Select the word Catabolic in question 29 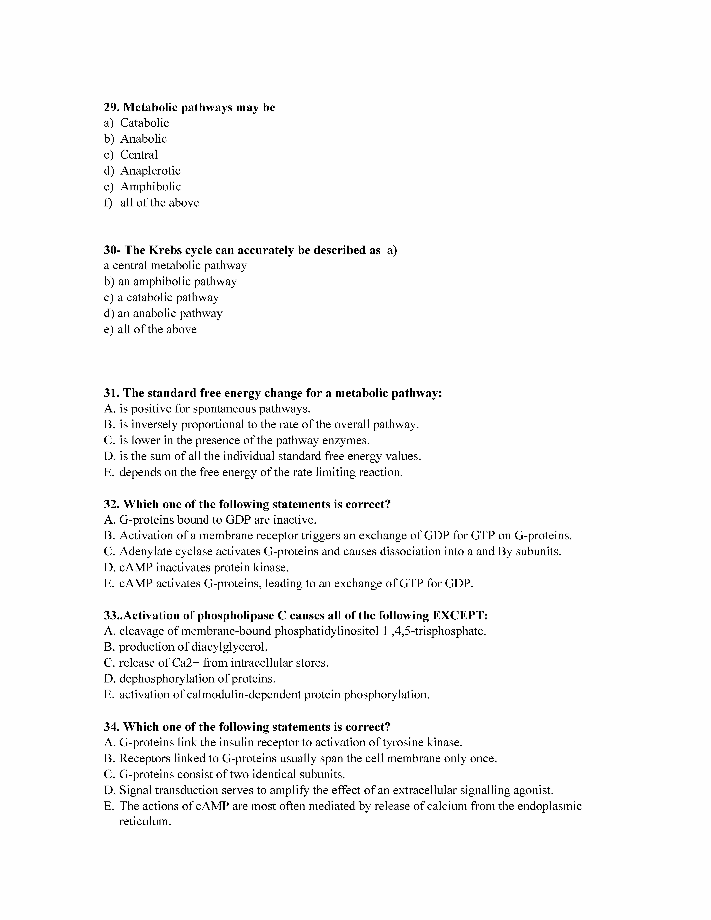click(144, 123)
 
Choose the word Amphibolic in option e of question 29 click(150, 187)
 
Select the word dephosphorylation click(167, 679)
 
